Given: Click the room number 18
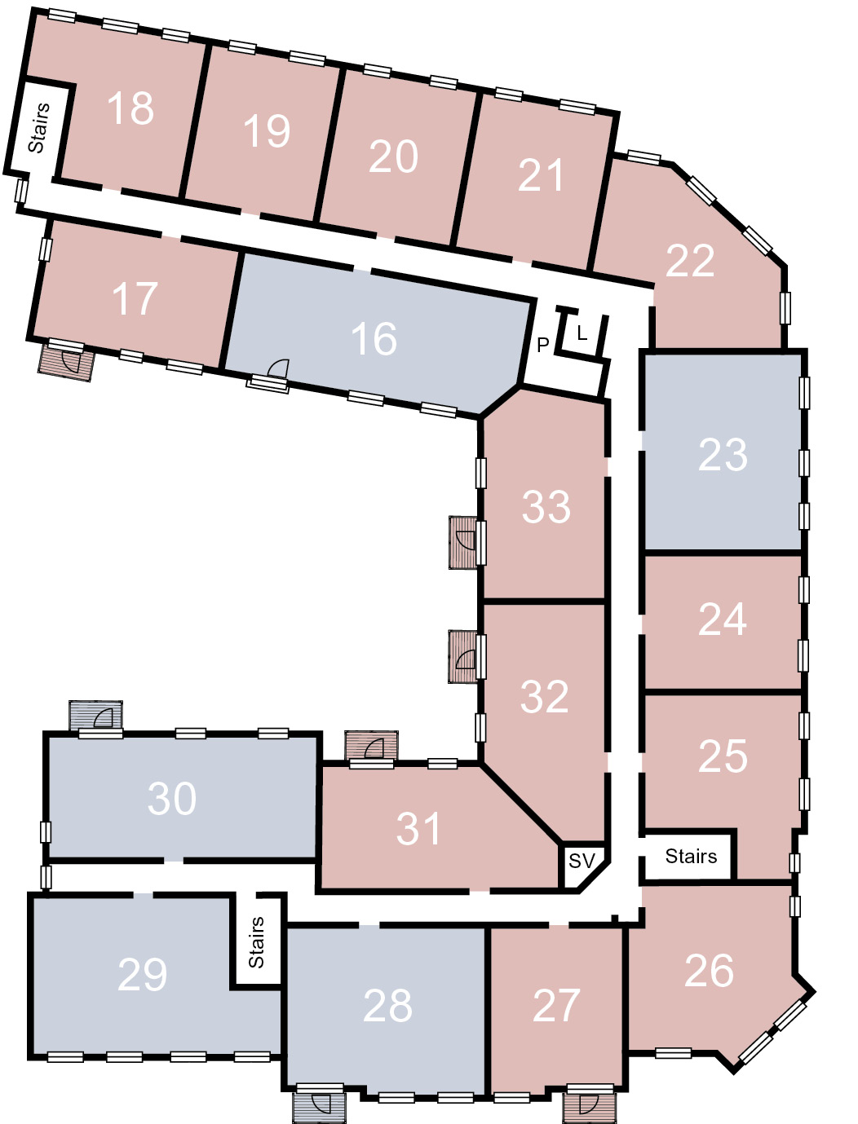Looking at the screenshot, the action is [130, 108].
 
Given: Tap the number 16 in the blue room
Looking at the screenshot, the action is [374, 338].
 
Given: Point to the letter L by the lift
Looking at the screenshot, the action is [582, 334].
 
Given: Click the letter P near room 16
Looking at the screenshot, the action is [542, 345].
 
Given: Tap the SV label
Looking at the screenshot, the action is [582, 861].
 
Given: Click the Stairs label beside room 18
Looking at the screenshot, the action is [39, 127].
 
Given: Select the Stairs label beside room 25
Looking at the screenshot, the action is [691, 856].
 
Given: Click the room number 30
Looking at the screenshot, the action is [171, 798].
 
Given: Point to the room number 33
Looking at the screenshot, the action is [546, 507].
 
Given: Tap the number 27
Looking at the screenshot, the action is [556, 1006].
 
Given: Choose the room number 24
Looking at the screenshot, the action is [723, 619].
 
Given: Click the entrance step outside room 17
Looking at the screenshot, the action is [66, 362].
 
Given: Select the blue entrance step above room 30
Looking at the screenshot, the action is [95, 715].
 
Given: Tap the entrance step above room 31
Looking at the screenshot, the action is [371, 746].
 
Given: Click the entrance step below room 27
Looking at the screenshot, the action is [589, 1107].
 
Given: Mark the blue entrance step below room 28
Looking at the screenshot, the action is [319, 1107].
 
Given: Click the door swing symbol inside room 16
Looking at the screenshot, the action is [279, 368].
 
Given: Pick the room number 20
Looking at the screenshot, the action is [393, 156].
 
